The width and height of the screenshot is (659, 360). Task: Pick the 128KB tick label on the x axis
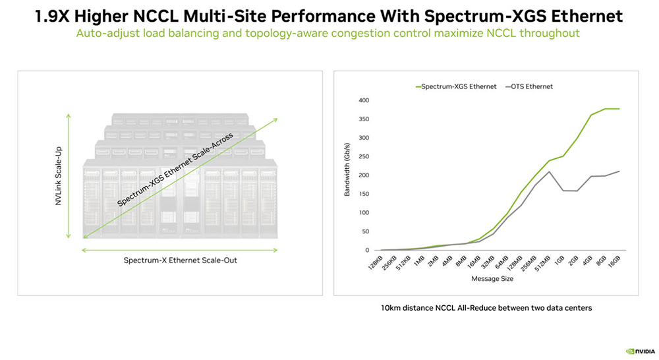pos(375,262)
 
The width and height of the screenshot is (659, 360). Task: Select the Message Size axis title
pos(494,279)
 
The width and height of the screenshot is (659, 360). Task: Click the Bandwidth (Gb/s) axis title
pos(347,174)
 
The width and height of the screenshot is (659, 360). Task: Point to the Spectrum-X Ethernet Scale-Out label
pos(180,260)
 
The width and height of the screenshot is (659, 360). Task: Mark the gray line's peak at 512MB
pos(549,171)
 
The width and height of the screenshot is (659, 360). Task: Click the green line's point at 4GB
pos(590,115)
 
